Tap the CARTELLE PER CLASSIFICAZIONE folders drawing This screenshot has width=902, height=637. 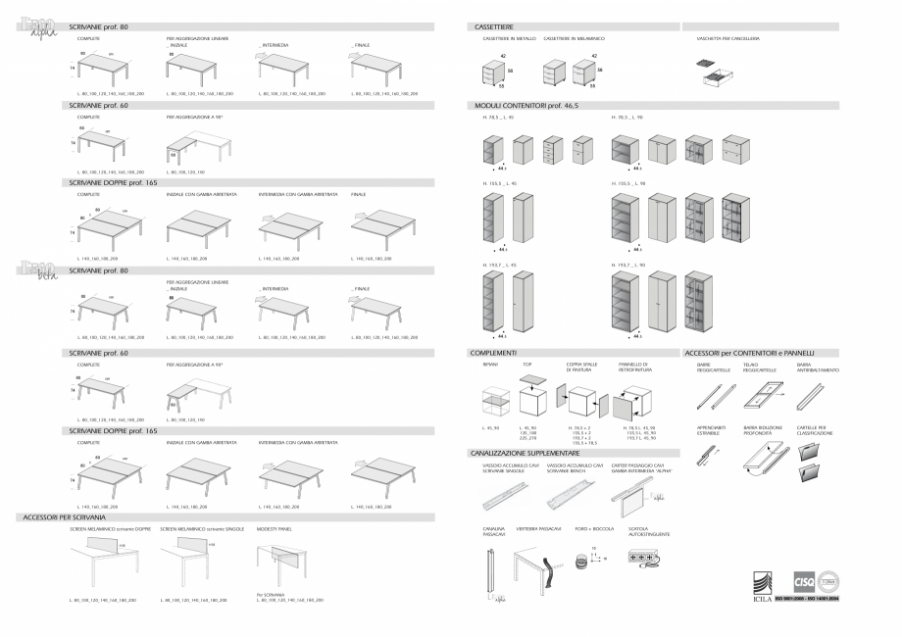(x=819, y=463)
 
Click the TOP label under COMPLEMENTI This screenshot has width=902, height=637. (x=526, y=363)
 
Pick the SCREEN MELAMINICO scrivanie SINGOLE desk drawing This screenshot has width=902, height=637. (x=192, y=563)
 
